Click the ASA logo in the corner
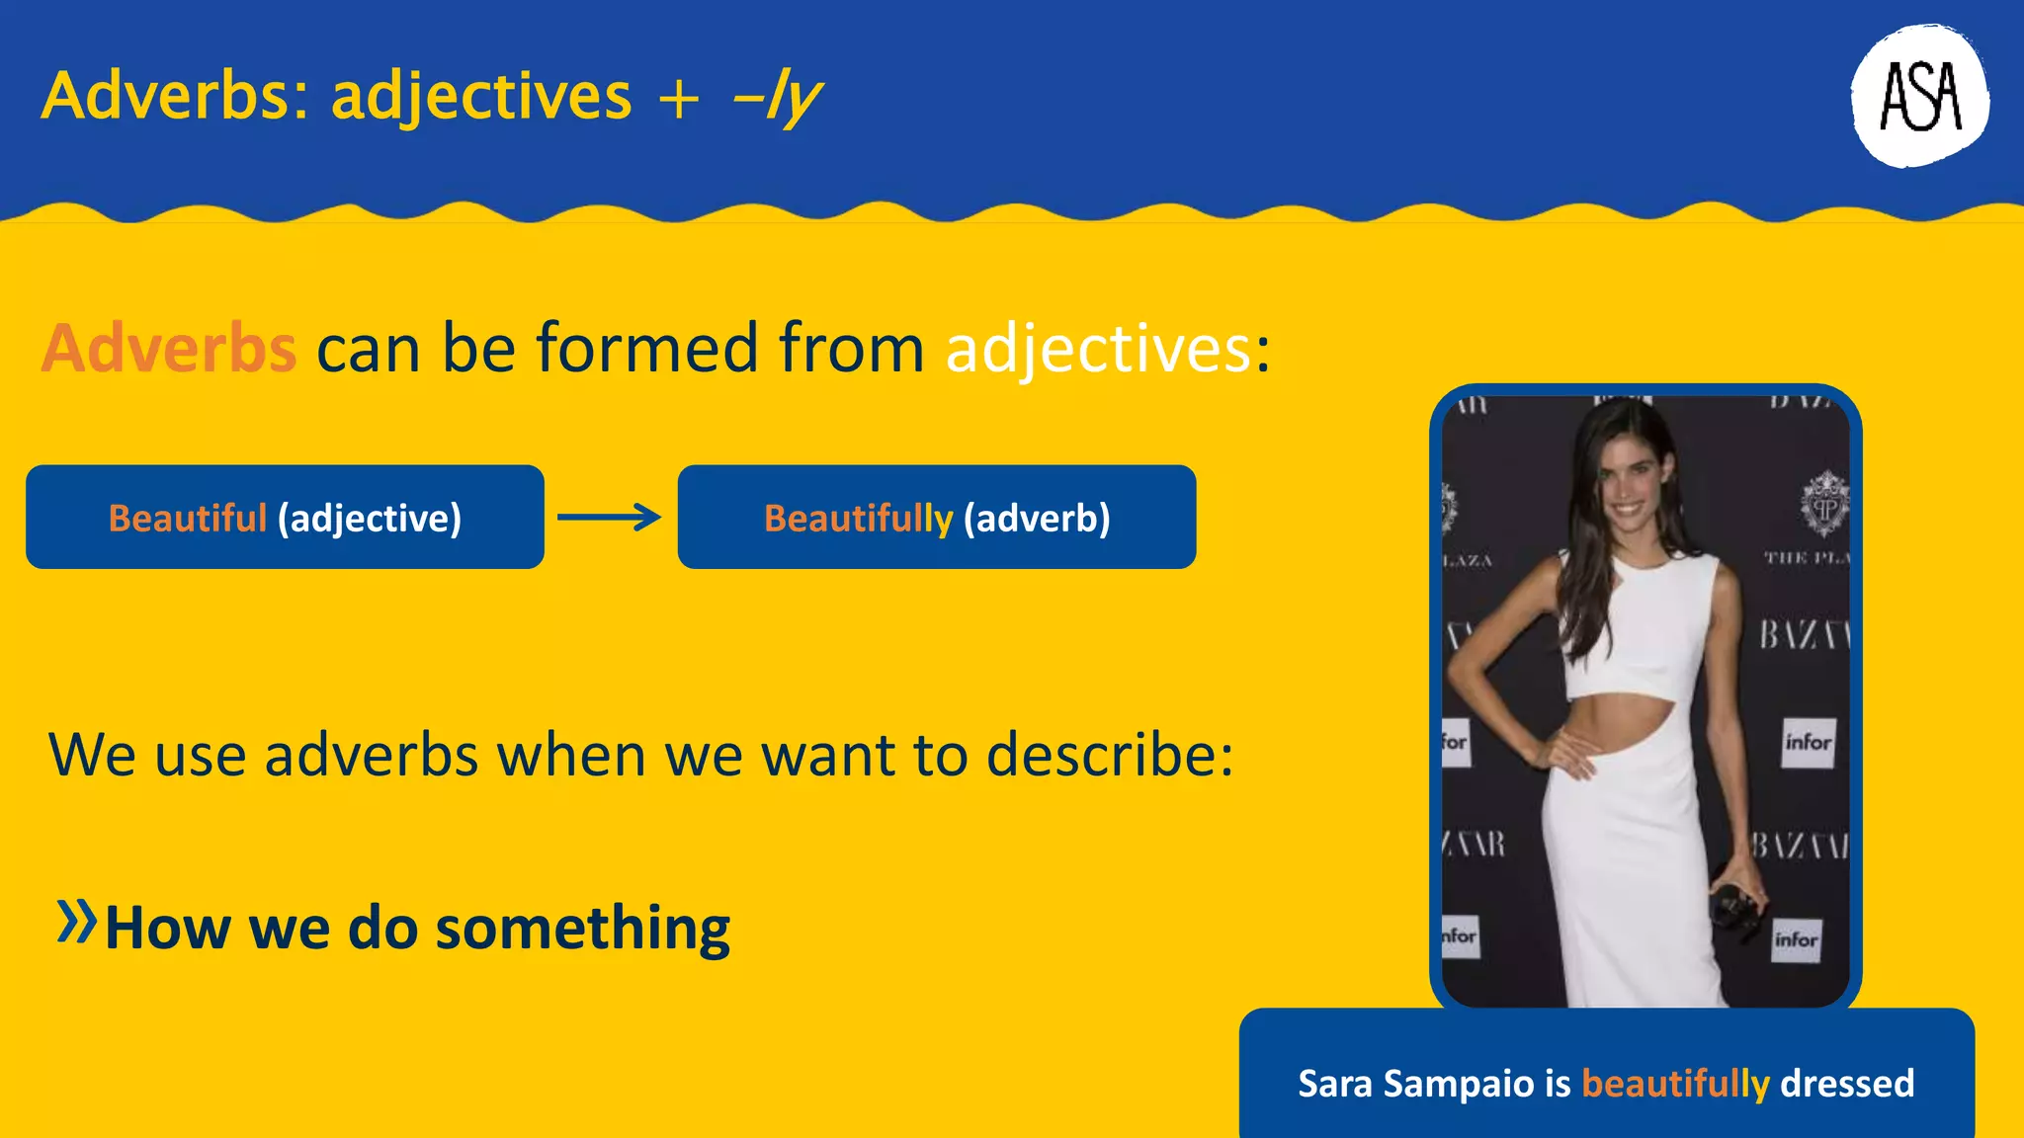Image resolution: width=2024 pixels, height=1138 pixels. pos(1919,96)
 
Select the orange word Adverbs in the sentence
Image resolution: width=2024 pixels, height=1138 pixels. pos(169,349)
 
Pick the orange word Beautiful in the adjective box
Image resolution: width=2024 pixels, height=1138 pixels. pos(187,518)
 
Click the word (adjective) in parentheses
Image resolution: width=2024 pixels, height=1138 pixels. pos(370,519)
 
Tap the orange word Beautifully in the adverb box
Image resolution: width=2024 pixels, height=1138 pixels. pos(858,518)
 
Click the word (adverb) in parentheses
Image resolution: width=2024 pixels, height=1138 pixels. pos(1037,518)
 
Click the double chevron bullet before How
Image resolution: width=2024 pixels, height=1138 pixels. pos(76,922)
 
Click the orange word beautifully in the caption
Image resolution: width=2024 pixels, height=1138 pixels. pos(1675,1084)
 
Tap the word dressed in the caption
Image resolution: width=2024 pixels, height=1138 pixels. pos(1847,1084)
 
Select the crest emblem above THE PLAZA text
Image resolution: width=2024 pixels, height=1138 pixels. pos(1823,505)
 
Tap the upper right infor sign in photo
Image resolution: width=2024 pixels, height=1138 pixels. pos(1809,742)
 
